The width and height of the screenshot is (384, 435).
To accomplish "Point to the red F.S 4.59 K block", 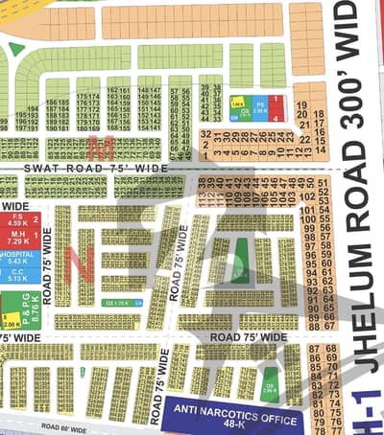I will tap(18, 222).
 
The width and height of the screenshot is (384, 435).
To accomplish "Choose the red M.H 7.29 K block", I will tap(18, 240).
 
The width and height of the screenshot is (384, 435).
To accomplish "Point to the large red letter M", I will tap(96, 145).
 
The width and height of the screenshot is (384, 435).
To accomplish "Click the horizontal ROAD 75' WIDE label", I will tap(248, 337).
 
